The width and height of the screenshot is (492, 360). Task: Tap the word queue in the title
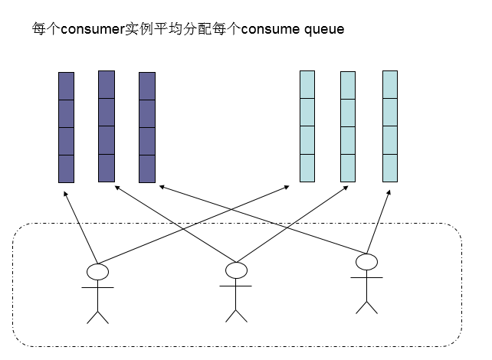point(323,30)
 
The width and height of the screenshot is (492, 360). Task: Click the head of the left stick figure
point(97,271)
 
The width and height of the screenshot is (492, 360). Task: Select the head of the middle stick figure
point(236,270)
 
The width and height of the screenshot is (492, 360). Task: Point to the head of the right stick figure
point(367,263)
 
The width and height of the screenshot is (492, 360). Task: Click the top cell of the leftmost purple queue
point(67,86)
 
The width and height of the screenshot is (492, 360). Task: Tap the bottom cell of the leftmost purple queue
point(67,169)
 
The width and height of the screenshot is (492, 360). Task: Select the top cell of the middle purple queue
point(107,84)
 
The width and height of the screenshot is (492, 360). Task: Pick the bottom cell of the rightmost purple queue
point(147,169)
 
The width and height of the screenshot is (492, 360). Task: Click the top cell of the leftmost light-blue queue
point(307,84)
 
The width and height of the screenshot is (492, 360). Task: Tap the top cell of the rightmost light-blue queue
point(390,84)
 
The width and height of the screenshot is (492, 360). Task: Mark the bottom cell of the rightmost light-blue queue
point(390,168)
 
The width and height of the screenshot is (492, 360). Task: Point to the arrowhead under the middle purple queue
point(115,187)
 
